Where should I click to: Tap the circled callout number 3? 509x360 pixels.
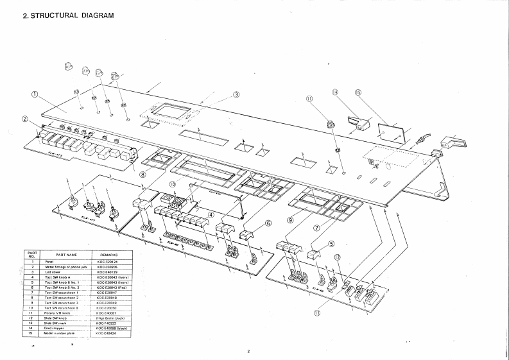pos(236,94)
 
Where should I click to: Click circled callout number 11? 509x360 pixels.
pos(309,99)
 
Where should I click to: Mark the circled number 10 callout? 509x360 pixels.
pos(173,184)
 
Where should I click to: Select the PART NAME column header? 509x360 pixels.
pos(66,255)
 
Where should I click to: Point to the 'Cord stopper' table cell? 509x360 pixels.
pos(55,328)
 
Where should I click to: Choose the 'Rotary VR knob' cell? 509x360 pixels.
pos(56,313)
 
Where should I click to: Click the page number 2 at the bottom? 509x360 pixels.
pos(248,351)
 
